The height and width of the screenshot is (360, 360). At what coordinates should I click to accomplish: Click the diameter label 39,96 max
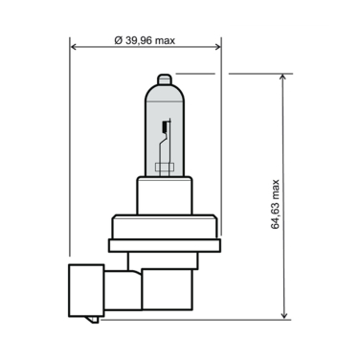[x=146, y=39]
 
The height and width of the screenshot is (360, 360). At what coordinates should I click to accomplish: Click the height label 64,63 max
[x=275, y=203]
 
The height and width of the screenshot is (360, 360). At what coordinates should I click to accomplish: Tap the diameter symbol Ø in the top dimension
[x=117, y=39]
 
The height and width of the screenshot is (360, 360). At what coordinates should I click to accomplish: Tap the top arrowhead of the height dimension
[x=284, y=77]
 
